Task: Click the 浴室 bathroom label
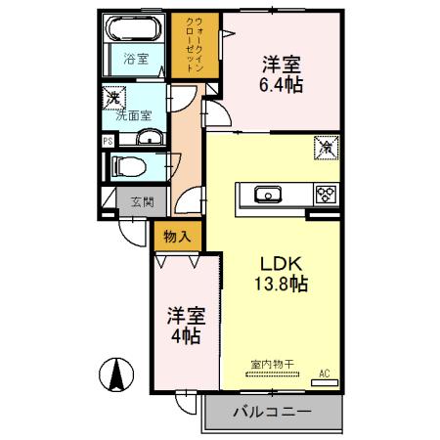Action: point(136,60)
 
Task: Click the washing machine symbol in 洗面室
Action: point(113,97)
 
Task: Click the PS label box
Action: point(108,140)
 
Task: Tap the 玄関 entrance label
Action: point(141,202)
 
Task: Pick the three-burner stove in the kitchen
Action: point(324,194)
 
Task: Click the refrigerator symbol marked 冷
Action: point(324,149)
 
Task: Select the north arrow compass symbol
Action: point(115,374)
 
